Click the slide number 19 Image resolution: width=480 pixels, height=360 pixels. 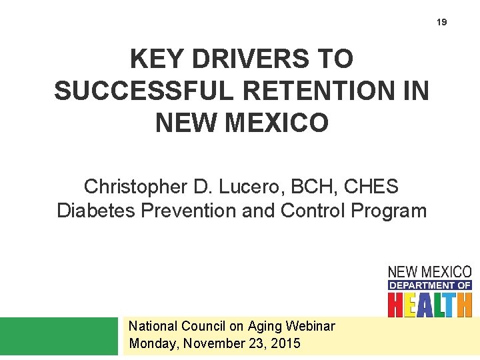click(x=442, y=22)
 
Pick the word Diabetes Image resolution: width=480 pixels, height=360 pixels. click(x=95, y=211)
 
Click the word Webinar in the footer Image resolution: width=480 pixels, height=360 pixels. click(x=310, y=326)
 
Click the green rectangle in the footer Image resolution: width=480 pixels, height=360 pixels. click(x=58, y=336)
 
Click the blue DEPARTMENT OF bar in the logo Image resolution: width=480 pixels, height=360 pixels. click(x=430, y=285)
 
